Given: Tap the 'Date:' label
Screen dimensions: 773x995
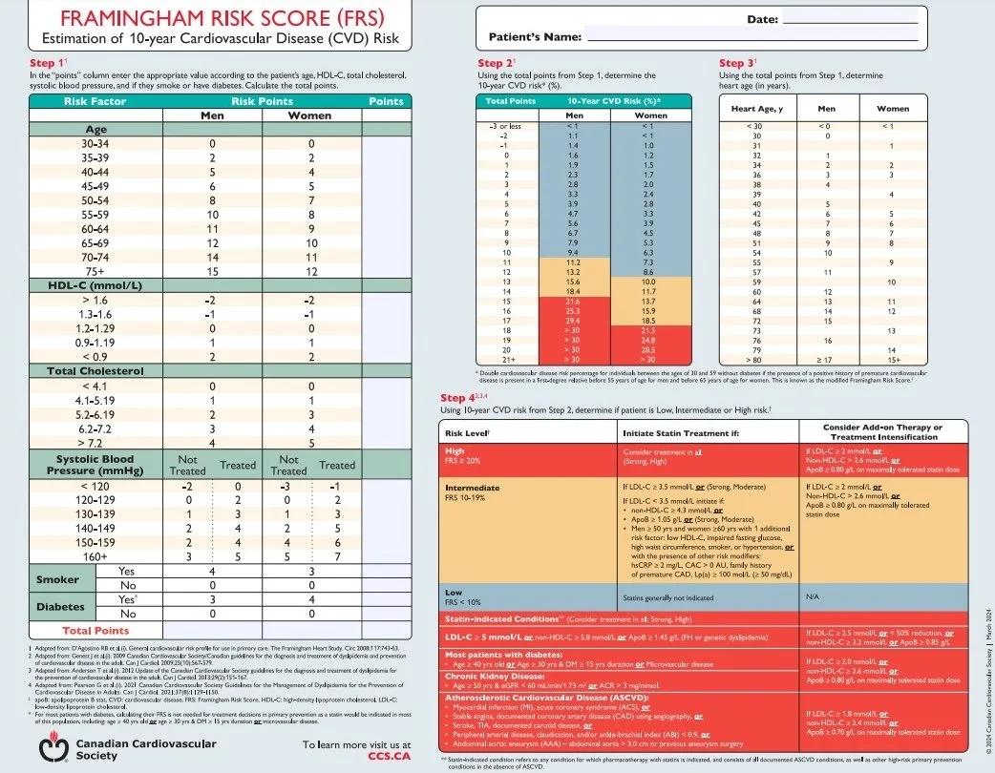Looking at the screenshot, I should coord(761,19).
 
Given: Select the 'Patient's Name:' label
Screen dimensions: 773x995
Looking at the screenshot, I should coord(535,36).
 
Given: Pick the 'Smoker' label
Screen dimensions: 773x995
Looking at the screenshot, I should coord(57,579).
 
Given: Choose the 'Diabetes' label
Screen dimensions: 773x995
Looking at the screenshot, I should coord(59,605).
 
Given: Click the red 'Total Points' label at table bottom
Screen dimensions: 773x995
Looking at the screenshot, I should coord(95,631).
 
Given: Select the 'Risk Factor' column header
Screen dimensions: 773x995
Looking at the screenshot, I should coord(95,100).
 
